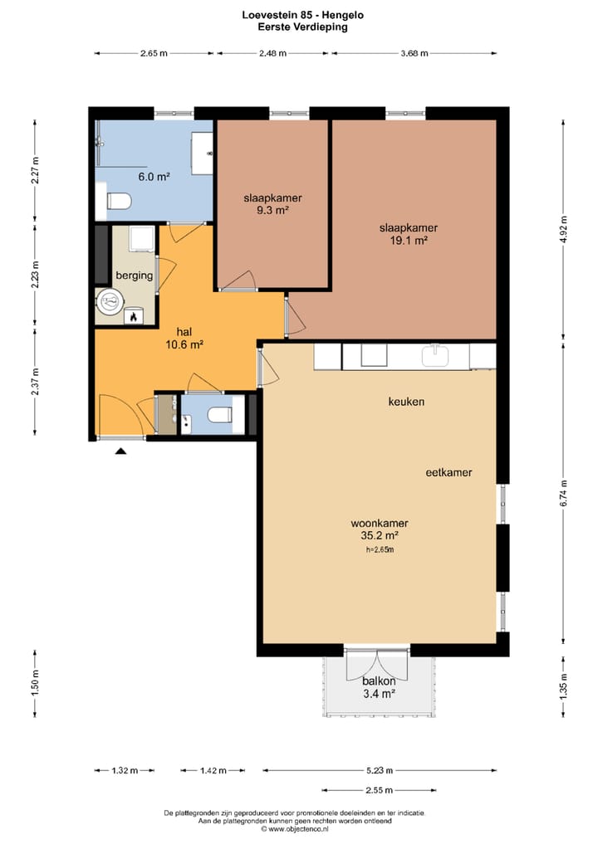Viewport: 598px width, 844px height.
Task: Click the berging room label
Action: click(x=135, y=276)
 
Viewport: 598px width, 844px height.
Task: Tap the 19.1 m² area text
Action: click(x=409, y=241)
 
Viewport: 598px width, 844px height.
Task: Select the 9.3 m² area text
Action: click(x=272, y=211)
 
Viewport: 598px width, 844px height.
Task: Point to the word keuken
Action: click(x=406, y=402)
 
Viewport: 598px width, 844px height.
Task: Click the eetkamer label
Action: click(x=448, y=472)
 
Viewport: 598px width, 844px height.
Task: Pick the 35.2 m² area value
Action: click(x=380, y=535)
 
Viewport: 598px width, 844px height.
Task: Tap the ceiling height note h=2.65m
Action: click(x=380, y=549)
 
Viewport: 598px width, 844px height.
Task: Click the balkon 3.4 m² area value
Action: click(x=380, y=694)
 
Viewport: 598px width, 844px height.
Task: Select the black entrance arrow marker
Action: click(x=120, y=451)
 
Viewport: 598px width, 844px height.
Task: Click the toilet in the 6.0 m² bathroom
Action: click(x=119, y=202)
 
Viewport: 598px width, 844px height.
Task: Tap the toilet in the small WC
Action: click(x=220, y=415)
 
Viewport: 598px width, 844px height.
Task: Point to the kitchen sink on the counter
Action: click(x=435, y=356)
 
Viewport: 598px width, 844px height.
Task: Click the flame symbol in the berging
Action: click(x=133, y=316)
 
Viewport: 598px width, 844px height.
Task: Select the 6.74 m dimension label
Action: click(x=563, y=493)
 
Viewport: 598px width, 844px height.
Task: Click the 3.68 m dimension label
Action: click(x=414, y=53)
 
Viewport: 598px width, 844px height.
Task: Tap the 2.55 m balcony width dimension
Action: click(x=379, y=790)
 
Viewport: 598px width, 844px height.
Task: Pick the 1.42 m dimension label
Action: click(x=213, y=771)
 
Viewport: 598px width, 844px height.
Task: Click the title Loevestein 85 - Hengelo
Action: click(x=303, y=15)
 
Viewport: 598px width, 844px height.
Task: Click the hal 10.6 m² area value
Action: click(x=184, y=345)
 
